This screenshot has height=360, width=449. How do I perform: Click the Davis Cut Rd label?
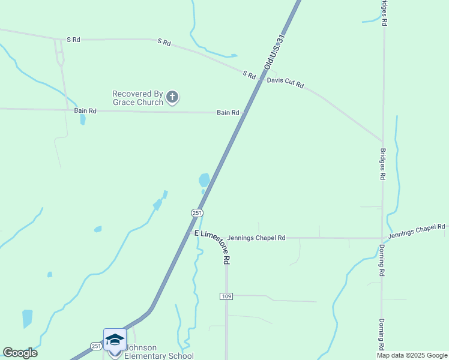(285, 83)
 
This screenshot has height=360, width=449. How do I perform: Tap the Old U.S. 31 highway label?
(274, 52)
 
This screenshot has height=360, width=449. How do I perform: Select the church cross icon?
(172, 97)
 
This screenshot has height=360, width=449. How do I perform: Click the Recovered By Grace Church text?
(137, 98)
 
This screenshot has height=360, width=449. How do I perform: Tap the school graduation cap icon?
(115, 340)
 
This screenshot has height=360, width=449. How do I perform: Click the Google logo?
(20, 353)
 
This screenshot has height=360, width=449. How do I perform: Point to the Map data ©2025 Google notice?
(411, 355)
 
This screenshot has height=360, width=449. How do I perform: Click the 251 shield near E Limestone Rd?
(197, 213)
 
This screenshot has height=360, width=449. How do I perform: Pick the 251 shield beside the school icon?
(96, 346)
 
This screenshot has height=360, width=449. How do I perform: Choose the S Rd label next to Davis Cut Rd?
(249, 75)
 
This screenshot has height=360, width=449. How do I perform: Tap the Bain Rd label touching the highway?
(228, 113)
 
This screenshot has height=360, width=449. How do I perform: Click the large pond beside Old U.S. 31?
(204, 179)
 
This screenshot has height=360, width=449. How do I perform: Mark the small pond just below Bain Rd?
(82, 119)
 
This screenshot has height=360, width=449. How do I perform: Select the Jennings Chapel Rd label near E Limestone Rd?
(256, 238)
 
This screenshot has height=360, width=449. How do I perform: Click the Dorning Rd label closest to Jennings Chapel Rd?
(382, 260)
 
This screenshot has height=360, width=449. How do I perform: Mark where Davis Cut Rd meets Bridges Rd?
(383, 142)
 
